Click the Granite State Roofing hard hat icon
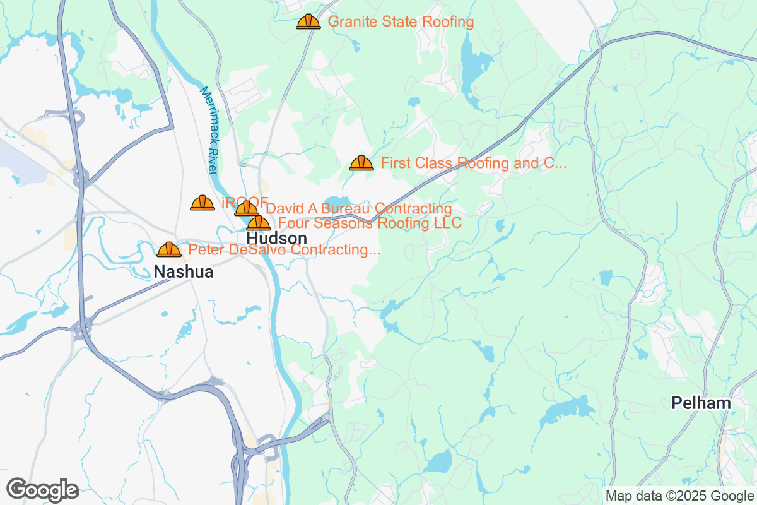pos(308,22)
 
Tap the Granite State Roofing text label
pos(401,22)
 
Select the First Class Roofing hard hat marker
pos(361,163)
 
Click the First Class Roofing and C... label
pos(474,163)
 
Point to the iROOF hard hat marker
pos(202,203)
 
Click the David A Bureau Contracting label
pos(359,208)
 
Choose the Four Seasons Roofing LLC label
pos(370,223)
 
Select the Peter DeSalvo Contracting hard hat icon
pos(169,250)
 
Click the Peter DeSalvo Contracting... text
pos(284,250)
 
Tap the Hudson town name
pos(277,239)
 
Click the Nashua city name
pos(184,272)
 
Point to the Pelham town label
pos(701,403)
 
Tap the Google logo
pos(42,489)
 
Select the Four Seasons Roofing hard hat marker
pos(259,223)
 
